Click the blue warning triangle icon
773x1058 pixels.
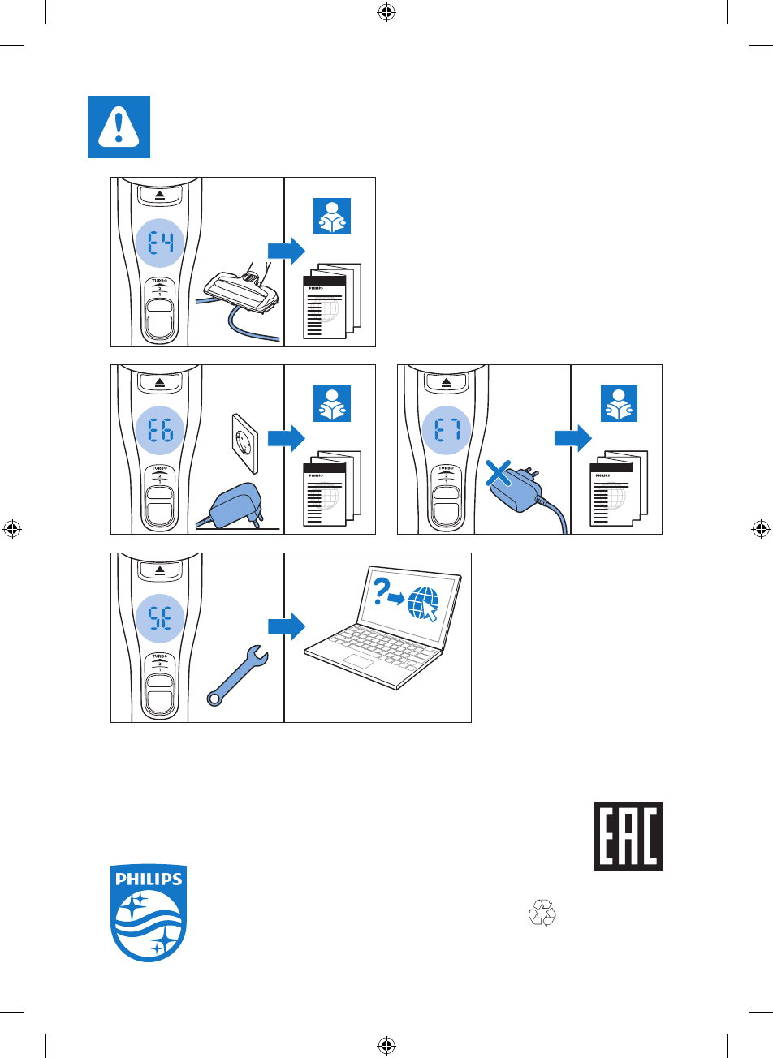point(119,127)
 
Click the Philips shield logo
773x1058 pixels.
point(149,913)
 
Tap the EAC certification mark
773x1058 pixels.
point(628,837)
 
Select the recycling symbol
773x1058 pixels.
point(542,914)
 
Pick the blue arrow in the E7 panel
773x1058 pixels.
point(572,439)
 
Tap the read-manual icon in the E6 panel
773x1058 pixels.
point(331,404)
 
